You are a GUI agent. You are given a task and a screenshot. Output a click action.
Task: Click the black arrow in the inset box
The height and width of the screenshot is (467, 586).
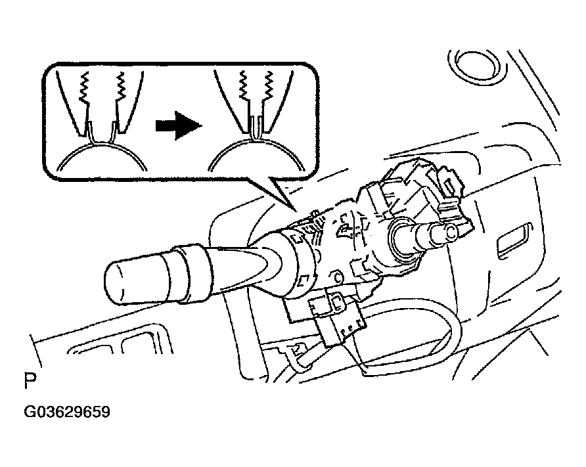click(x=179, y=125)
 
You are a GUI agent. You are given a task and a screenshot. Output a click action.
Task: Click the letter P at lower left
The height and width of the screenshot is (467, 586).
click(x=30, y=381)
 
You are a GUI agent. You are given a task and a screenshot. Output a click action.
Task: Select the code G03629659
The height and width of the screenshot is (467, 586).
click(x=67, y=412)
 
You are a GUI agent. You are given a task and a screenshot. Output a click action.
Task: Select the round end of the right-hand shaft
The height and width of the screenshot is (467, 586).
click(x=451, y=233)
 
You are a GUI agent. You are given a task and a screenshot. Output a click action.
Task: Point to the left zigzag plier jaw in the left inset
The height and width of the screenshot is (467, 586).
click(x=85, y=88)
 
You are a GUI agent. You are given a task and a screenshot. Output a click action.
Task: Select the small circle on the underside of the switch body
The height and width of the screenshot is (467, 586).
click(x=338, y=277)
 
